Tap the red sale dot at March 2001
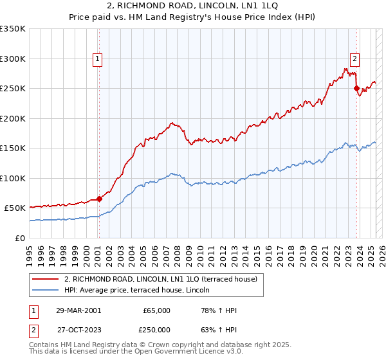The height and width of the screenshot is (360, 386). (x=100, y=199)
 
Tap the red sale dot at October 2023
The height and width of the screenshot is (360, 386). (x=356, y=89)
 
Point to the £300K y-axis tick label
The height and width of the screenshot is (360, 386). (x=13, y=59)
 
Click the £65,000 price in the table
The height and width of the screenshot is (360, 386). (x=157, y=310)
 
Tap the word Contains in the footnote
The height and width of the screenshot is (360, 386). (x=44, y=345)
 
